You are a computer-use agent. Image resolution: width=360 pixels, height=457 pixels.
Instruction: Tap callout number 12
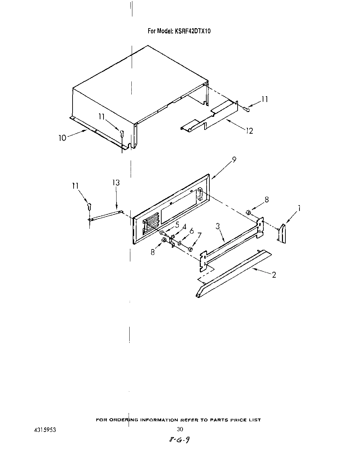[249, 131]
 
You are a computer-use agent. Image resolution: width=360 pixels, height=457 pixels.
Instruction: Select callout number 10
[62, 138]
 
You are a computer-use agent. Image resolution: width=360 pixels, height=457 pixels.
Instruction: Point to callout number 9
[234, 160]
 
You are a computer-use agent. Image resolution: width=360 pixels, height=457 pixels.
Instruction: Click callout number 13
[116, 183]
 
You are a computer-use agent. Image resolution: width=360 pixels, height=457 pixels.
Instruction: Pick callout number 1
[299, 208]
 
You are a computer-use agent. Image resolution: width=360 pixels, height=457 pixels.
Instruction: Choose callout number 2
[274, 275]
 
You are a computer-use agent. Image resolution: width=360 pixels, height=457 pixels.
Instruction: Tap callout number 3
[218, 226]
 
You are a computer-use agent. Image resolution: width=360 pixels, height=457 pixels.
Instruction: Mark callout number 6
[192, 231]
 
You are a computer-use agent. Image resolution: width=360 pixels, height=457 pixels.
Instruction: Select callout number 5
[177, 225]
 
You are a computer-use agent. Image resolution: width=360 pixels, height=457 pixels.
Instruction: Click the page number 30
[180, 429]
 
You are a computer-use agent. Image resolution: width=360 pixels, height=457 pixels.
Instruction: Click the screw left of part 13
[89, 207]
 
